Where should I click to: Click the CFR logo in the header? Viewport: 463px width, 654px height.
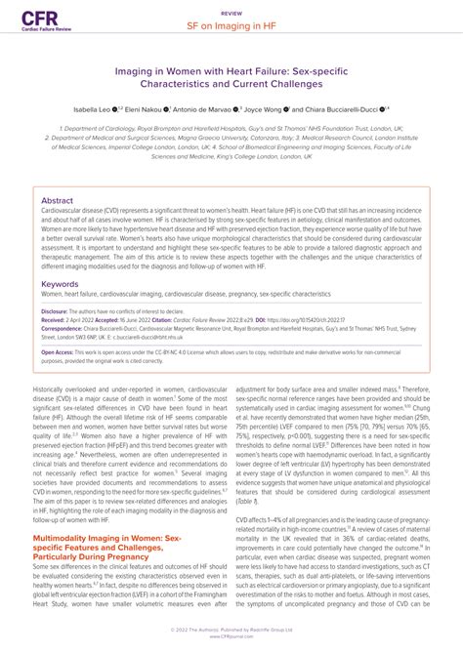coord(39,20)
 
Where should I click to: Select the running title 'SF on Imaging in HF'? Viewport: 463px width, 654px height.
coord(231,26)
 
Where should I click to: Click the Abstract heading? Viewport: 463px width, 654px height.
coord(57,199)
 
